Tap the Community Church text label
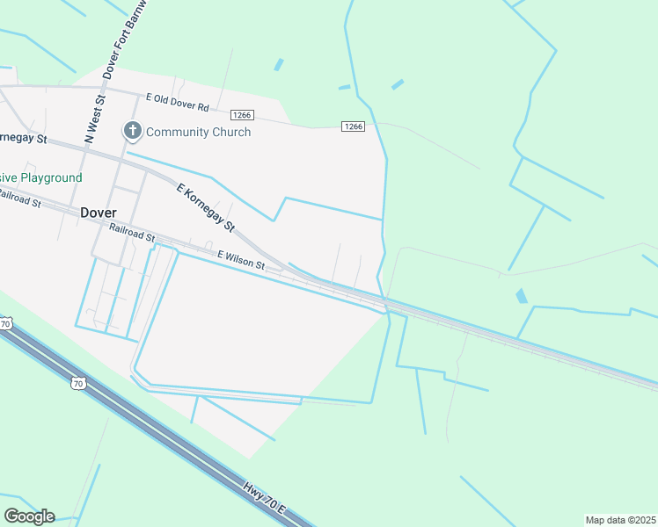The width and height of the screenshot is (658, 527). pos(198,132)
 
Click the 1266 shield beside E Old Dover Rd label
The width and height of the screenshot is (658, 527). pos(242,115)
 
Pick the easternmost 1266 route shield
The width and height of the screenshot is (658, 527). pos(353,126)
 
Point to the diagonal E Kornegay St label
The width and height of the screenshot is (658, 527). pos(206,208)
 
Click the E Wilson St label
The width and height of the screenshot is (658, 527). pos(241,259)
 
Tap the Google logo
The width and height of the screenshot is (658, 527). pos(29,516)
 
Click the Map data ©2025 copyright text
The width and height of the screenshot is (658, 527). pos(620,520)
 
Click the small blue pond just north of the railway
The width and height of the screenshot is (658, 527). pos(521,296)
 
